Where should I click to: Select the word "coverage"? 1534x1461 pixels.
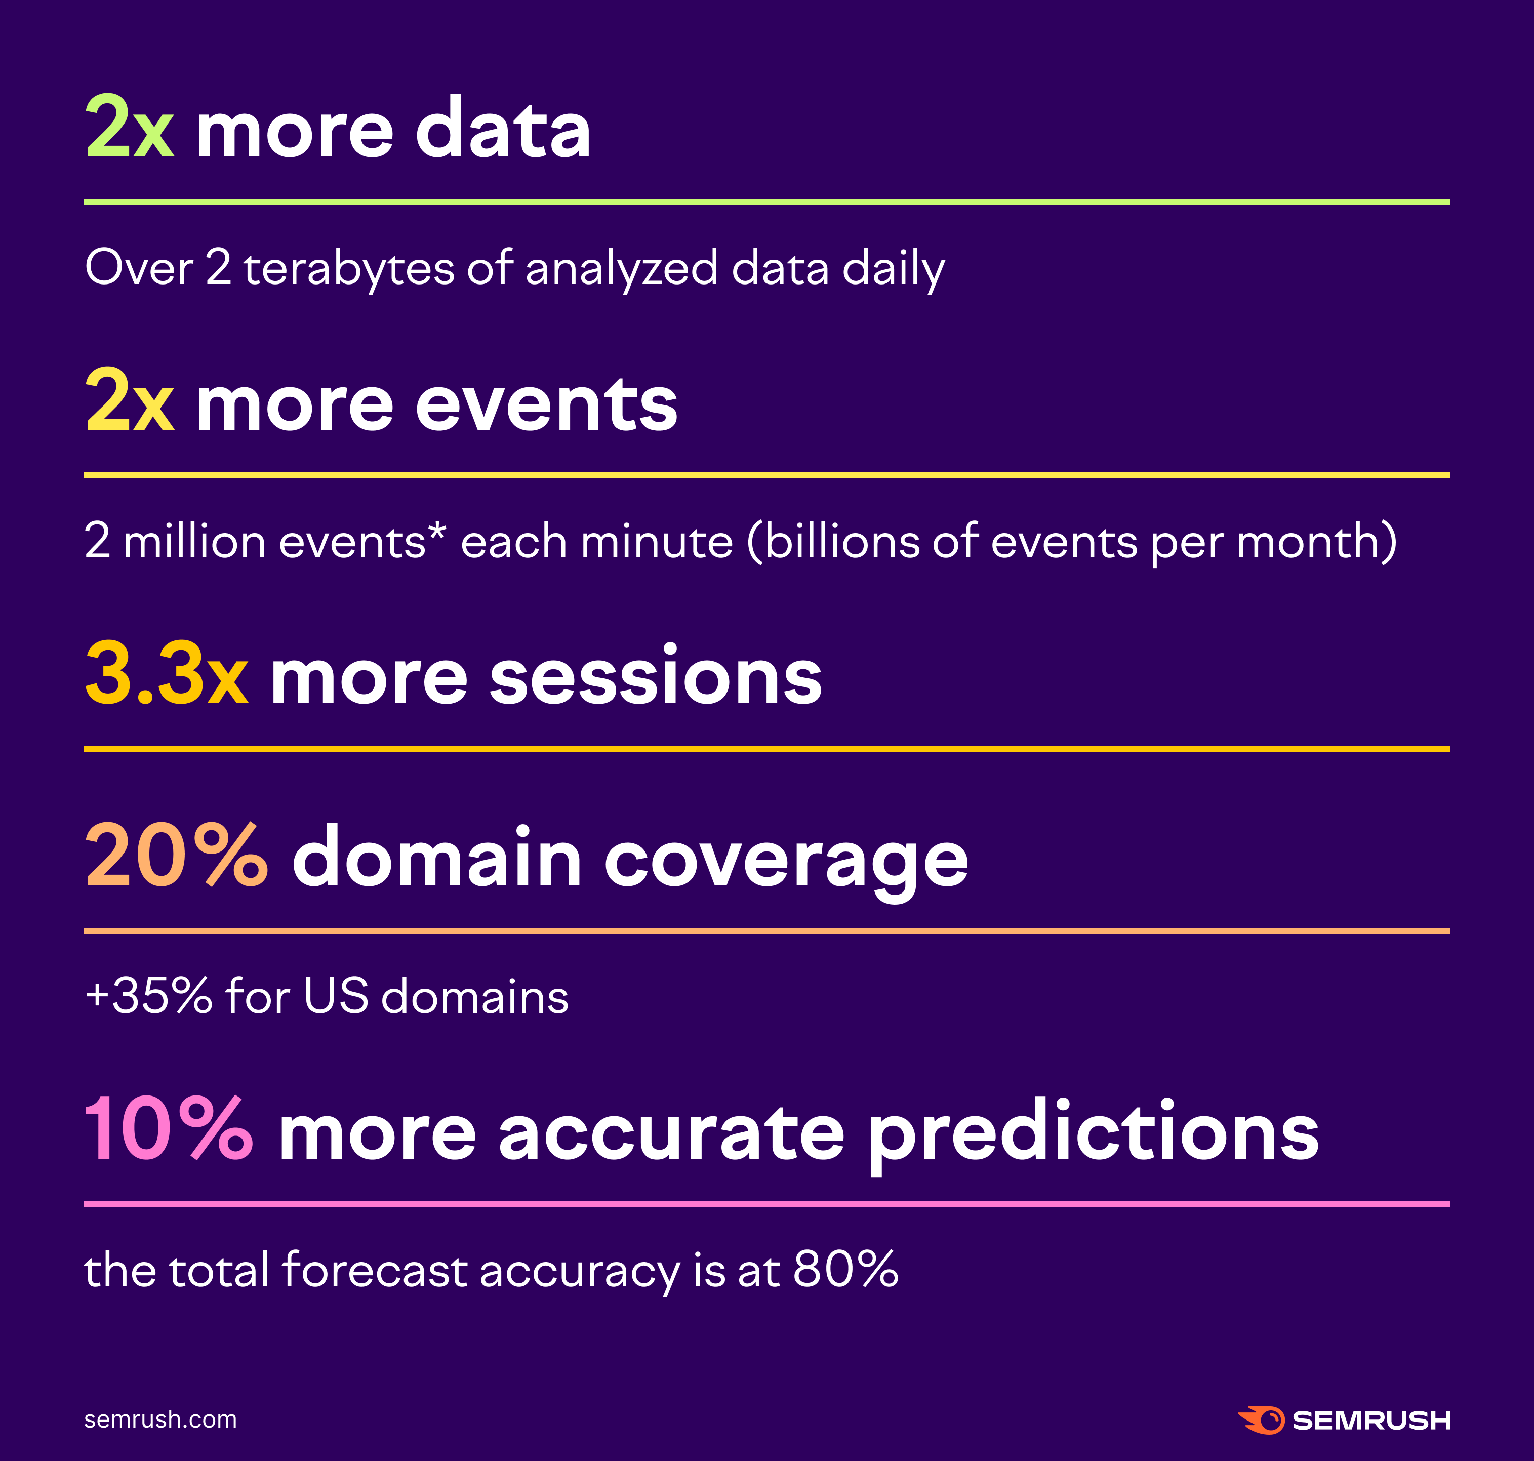click(786, 861)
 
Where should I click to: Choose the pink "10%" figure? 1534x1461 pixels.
click(168, 1130)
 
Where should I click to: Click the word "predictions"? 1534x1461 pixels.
click(1093, 1133)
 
